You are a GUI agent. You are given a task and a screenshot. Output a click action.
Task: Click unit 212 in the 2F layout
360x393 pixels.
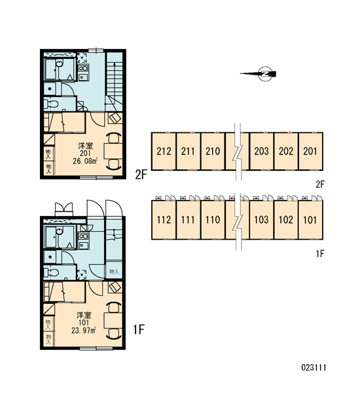point(164,151)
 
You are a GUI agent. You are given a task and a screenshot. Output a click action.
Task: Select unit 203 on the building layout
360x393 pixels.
point(262,151)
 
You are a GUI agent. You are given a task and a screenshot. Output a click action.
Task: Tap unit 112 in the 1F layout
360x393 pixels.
point(164,220)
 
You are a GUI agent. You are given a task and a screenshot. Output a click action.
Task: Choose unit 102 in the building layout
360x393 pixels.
point(286,220)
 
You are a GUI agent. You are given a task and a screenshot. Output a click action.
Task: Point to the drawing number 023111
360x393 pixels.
point(314,367)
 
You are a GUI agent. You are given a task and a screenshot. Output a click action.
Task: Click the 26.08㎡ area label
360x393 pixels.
point(85,160)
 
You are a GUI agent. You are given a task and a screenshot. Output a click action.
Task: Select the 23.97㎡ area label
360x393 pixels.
point(84,330)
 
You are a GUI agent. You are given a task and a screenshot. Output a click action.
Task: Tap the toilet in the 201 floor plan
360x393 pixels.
point(51,104)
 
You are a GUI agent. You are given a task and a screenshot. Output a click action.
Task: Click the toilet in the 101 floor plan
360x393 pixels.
point(51,272)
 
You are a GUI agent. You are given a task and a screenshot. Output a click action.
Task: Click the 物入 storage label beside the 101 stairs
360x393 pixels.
point(114,271)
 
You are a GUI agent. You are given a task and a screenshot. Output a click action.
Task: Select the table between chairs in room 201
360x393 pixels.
point(113,151)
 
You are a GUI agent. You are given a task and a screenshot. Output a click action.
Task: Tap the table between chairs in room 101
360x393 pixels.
point(113,320)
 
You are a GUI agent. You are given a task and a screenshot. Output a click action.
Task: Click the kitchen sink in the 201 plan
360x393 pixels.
point(83,77)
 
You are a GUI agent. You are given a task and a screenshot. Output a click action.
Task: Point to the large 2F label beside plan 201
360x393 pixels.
point(141,174)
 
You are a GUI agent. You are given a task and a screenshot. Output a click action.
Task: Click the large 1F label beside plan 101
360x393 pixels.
point(139,329)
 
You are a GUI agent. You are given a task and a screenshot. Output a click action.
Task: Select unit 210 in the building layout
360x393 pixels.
point(213,151)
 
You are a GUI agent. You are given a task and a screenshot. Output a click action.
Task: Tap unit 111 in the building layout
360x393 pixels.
point(188,220)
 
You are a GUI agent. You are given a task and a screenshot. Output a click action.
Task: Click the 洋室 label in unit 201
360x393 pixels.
point(86,145)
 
